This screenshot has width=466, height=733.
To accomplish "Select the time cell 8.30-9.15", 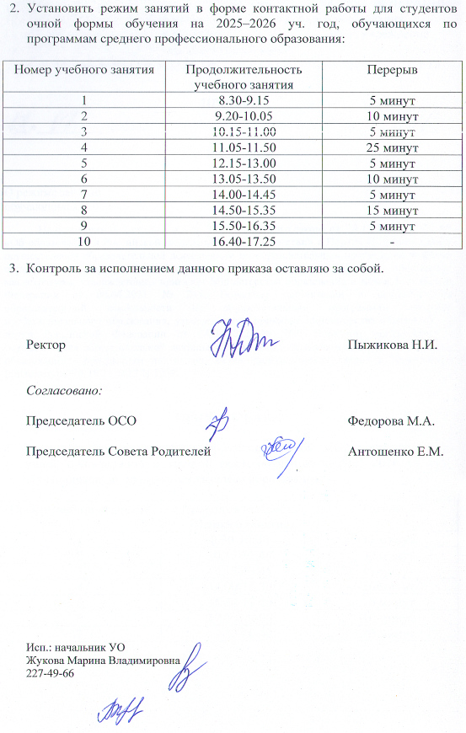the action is [243, 101].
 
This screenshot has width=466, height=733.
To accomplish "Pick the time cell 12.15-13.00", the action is [243, 162].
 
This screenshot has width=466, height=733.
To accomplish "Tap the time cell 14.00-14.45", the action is [243, 193].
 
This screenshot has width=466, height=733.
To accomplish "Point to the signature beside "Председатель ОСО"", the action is [220, 418].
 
